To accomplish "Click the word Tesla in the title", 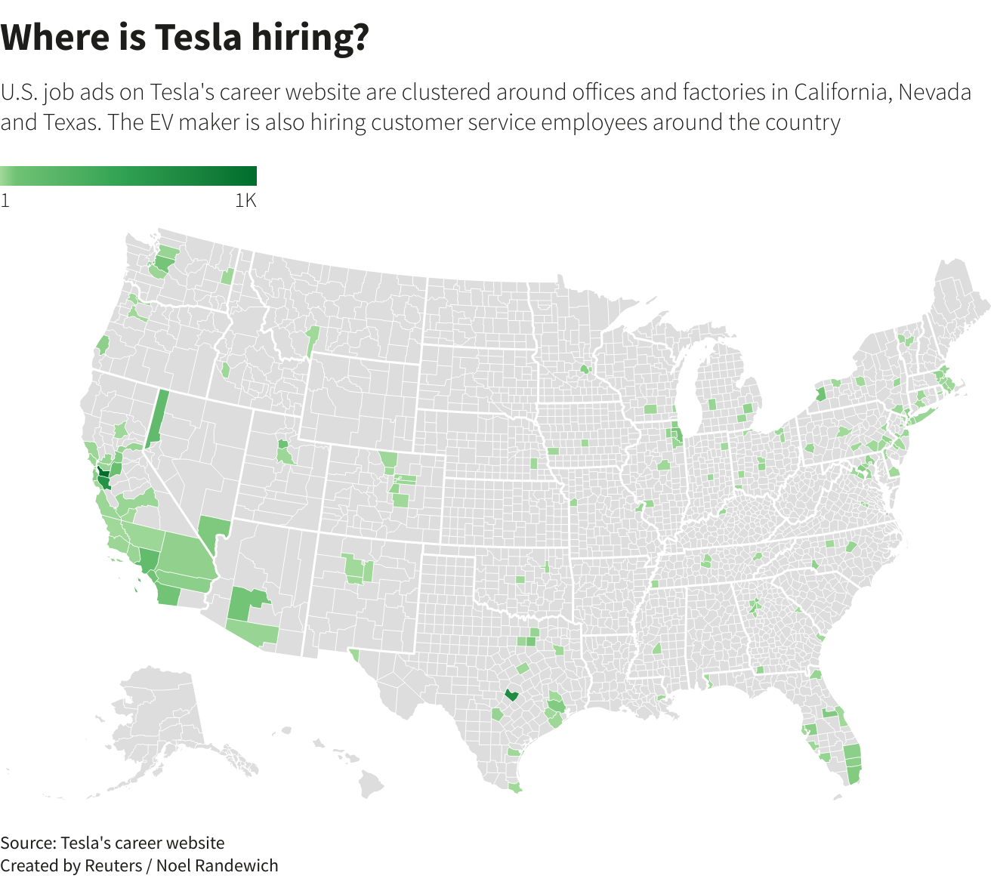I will (x=199, y=37).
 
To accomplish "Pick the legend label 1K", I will (x=245, y=201).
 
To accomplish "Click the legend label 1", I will (x=5, y=201).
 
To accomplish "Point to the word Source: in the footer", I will (x=28, y=843).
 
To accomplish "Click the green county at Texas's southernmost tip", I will (x=515, y=788).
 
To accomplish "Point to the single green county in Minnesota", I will (x=584, y=369).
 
